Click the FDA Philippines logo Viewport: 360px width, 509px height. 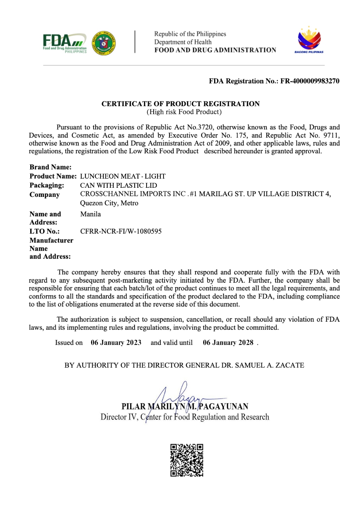pos(65,43)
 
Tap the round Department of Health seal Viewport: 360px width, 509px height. pos(104,43)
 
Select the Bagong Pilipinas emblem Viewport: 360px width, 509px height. pos(309,40)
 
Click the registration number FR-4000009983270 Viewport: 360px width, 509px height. pos(310,81)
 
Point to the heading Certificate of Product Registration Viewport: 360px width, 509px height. pos(180,104)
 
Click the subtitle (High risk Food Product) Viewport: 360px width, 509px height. pos(184,112)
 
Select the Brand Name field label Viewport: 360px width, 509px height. pos(50,167)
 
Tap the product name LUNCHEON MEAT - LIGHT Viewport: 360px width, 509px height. pos(123,176)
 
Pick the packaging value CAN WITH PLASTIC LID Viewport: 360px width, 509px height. pos(118,185)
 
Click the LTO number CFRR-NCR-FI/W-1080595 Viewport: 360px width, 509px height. pos(121,231)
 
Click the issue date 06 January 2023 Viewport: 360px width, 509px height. pos(116,343)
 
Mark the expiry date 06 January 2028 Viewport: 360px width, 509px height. pos(228,343)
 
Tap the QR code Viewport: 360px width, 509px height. pos(187,460)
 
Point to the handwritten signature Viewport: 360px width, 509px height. pos(179,399)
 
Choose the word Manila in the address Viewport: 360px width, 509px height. pos(90,214)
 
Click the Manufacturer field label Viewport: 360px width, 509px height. pos(51,240)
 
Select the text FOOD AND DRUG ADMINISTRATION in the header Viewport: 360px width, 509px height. pos(215,50)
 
